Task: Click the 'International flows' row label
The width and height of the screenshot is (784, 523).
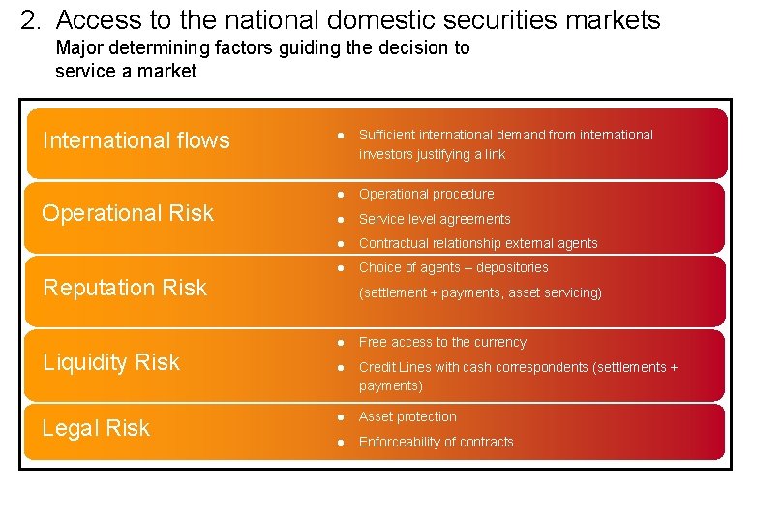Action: [136, 141]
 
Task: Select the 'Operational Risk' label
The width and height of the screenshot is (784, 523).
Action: [128, 214]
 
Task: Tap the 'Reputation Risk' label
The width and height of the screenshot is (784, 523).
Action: [126, 288]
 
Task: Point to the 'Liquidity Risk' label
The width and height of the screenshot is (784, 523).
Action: [111, 362]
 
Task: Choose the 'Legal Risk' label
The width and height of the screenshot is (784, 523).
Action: [96, 428]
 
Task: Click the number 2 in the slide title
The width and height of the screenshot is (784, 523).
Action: [28, 20]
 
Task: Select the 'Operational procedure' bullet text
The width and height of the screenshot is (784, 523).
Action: [426, 194]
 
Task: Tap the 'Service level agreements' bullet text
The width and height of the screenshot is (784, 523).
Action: [435, 219]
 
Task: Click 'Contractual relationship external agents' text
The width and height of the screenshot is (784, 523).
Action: [478, 243]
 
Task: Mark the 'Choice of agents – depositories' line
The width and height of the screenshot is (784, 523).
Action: [453, 267]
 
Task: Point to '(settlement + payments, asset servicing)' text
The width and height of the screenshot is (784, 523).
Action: [480, 292]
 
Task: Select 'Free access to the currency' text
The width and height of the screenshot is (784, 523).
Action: [442, 342]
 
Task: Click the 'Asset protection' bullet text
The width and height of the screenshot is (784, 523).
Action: [407, 416]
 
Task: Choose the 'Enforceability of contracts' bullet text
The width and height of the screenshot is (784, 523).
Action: [436, 442]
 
